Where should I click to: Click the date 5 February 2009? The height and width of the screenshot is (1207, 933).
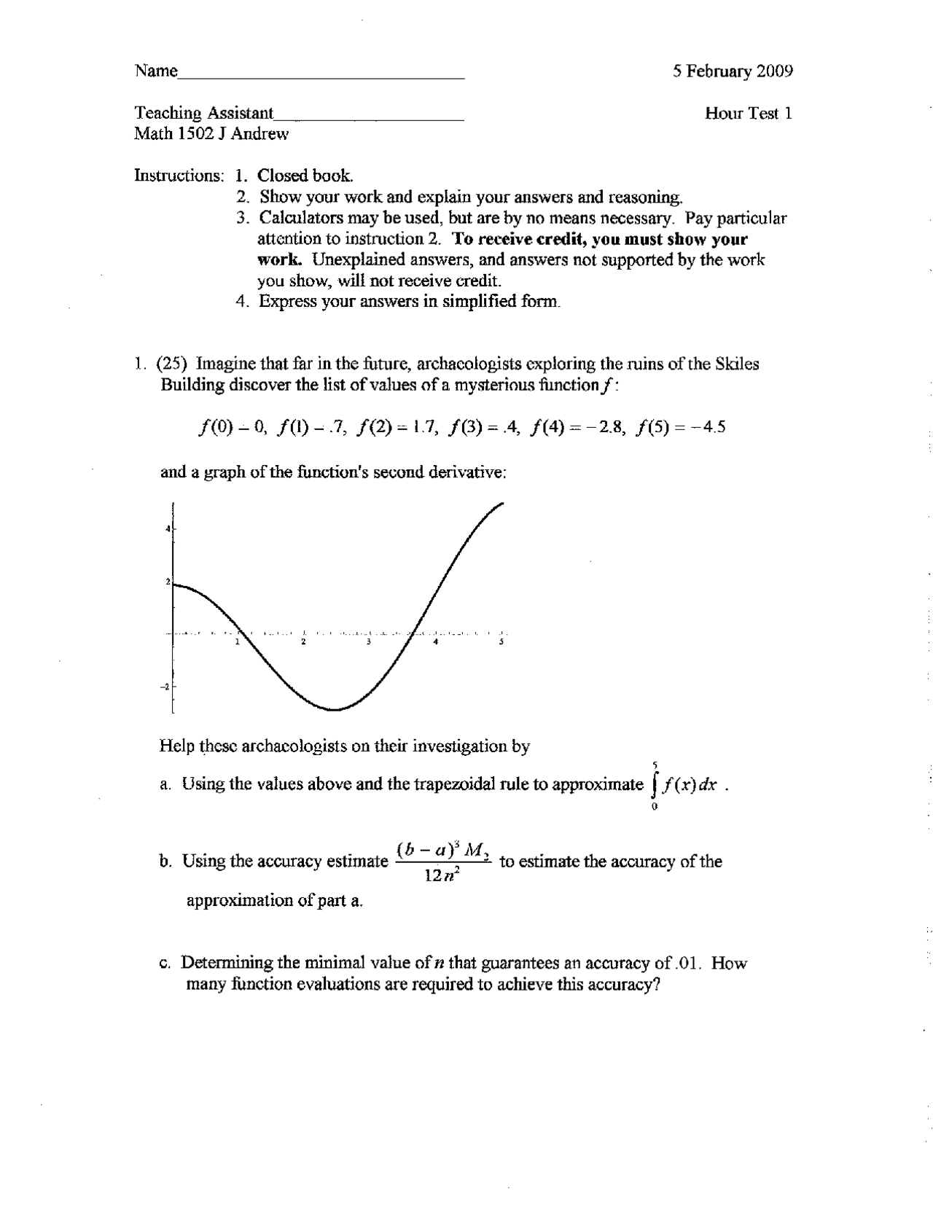click(733, 71)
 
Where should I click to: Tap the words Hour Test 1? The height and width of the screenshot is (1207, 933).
click(748, 114)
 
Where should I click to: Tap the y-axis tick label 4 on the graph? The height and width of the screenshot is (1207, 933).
click(168, 528)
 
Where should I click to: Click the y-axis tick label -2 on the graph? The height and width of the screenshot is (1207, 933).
click(165, 687)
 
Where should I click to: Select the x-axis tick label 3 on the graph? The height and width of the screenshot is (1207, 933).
click(368, 642)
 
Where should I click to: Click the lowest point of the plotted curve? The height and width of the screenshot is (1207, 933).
click(334, 709)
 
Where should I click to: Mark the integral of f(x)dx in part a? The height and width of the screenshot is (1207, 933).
click(683, 785)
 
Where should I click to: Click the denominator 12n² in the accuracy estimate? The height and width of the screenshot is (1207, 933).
click(441, 875)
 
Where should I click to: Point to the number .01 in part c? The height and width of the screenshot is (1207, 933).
click(687, 964)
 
